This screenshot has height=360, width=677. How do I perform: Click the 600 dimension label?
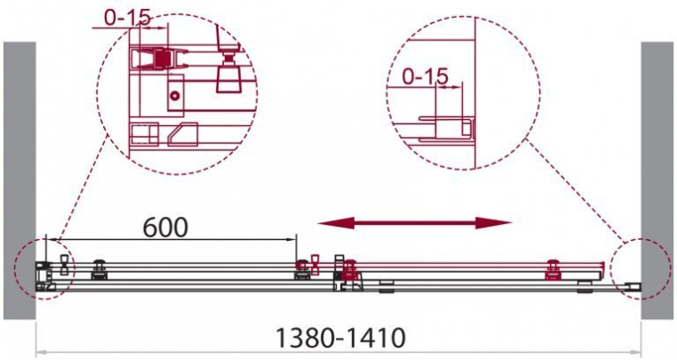point(165,228)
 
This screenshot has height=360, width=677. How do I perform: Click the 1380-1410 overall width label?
point(340,338)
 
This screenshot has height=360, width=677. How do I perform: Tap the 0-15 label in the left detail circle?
point(128,18)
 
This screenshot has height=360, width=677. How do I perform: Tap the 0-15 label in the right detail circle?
point(426,77)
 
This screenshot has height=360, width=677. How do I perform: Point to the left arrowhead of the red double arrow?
point(336,223)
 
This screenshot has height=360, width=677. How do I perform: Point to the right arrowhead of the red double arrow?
point(493,223)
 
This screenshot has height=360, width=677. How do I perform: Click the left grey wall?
point(20,180)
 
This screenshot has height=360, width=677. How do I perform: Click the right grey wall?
point(657,180)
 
